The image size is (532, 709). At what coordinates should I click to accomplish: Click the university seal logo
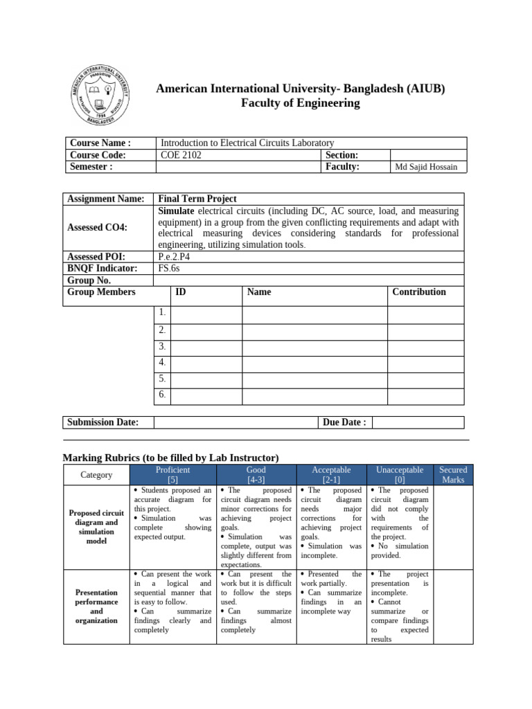(102, 96)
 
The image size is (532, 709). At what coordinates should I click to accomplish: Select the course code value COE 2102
(181, 155)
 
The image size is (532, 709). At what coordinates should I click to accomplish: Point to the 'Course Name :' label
(100, 143)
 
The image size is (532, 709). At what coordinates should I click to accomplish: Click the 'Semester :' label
(91, 167)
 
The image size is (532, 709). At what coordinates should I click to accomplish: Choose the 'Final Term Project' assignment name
(197, 199)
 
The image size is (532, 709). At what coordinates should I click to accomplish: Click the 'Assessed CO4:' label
(97, 226)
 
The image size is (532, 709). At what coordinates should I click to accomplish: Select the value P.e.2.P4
(175, 255)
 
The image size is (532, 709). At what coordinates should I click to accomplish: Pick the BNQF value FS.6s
(170, 268)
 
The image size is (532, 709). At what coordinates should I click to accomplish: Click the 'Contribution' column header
(419, 291)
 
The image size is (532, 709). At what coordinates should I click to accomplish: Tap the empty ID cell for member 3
(206, 346)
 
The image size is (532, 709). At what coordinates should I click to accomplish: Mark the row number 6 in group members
(162, 395)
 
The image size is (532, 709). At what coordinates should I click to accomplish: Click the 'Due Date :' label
(344, 422)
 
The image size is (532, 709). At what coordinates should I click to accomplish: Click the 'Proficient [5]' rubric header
(173, 474)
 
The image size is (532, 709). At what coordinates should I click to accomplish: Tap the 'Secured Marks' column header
(453, 474)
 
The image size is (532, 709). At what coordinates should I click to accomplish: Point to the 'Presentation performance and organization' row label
(97, 607)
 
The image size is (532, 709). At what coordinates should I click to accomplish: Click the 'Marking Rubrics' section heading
(170, 458)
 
